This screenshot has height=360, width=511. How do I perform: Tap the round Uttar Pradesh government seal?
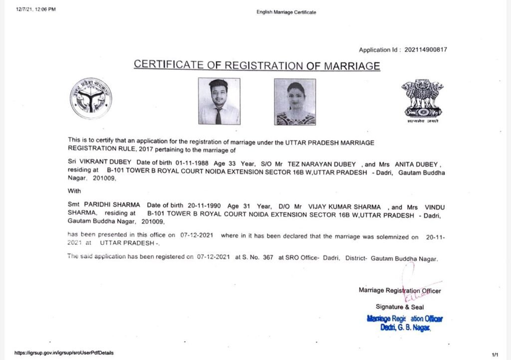coord(91,98)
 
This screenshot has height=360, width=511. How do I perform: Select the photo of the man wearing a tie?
coord(219,101)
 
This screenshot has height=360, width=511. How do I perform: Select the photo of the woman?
coord(294,102)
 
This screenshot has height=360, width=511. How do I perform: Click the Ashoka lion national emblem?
coord(422,100)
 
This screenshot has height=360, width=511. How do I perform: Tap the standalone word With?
coord(73,190)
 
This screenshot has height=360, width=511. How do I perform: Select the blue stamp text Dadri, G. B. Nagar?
coord(405,327)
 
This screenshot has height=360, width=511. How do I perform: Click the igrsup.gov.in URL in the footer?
coord(64,353)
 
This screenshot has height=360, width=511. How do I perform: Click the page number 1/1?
coord(495,354)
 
